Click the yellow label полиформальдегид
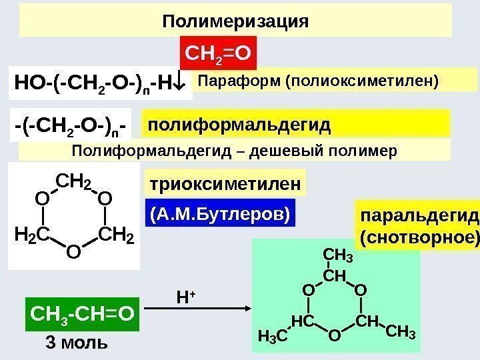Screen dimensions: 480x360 (x=239, y=125)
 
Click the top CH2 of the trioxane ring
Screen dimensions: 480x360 (x=74, y=180)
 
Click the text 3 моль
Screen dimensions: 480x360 (x=75, y=343)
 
